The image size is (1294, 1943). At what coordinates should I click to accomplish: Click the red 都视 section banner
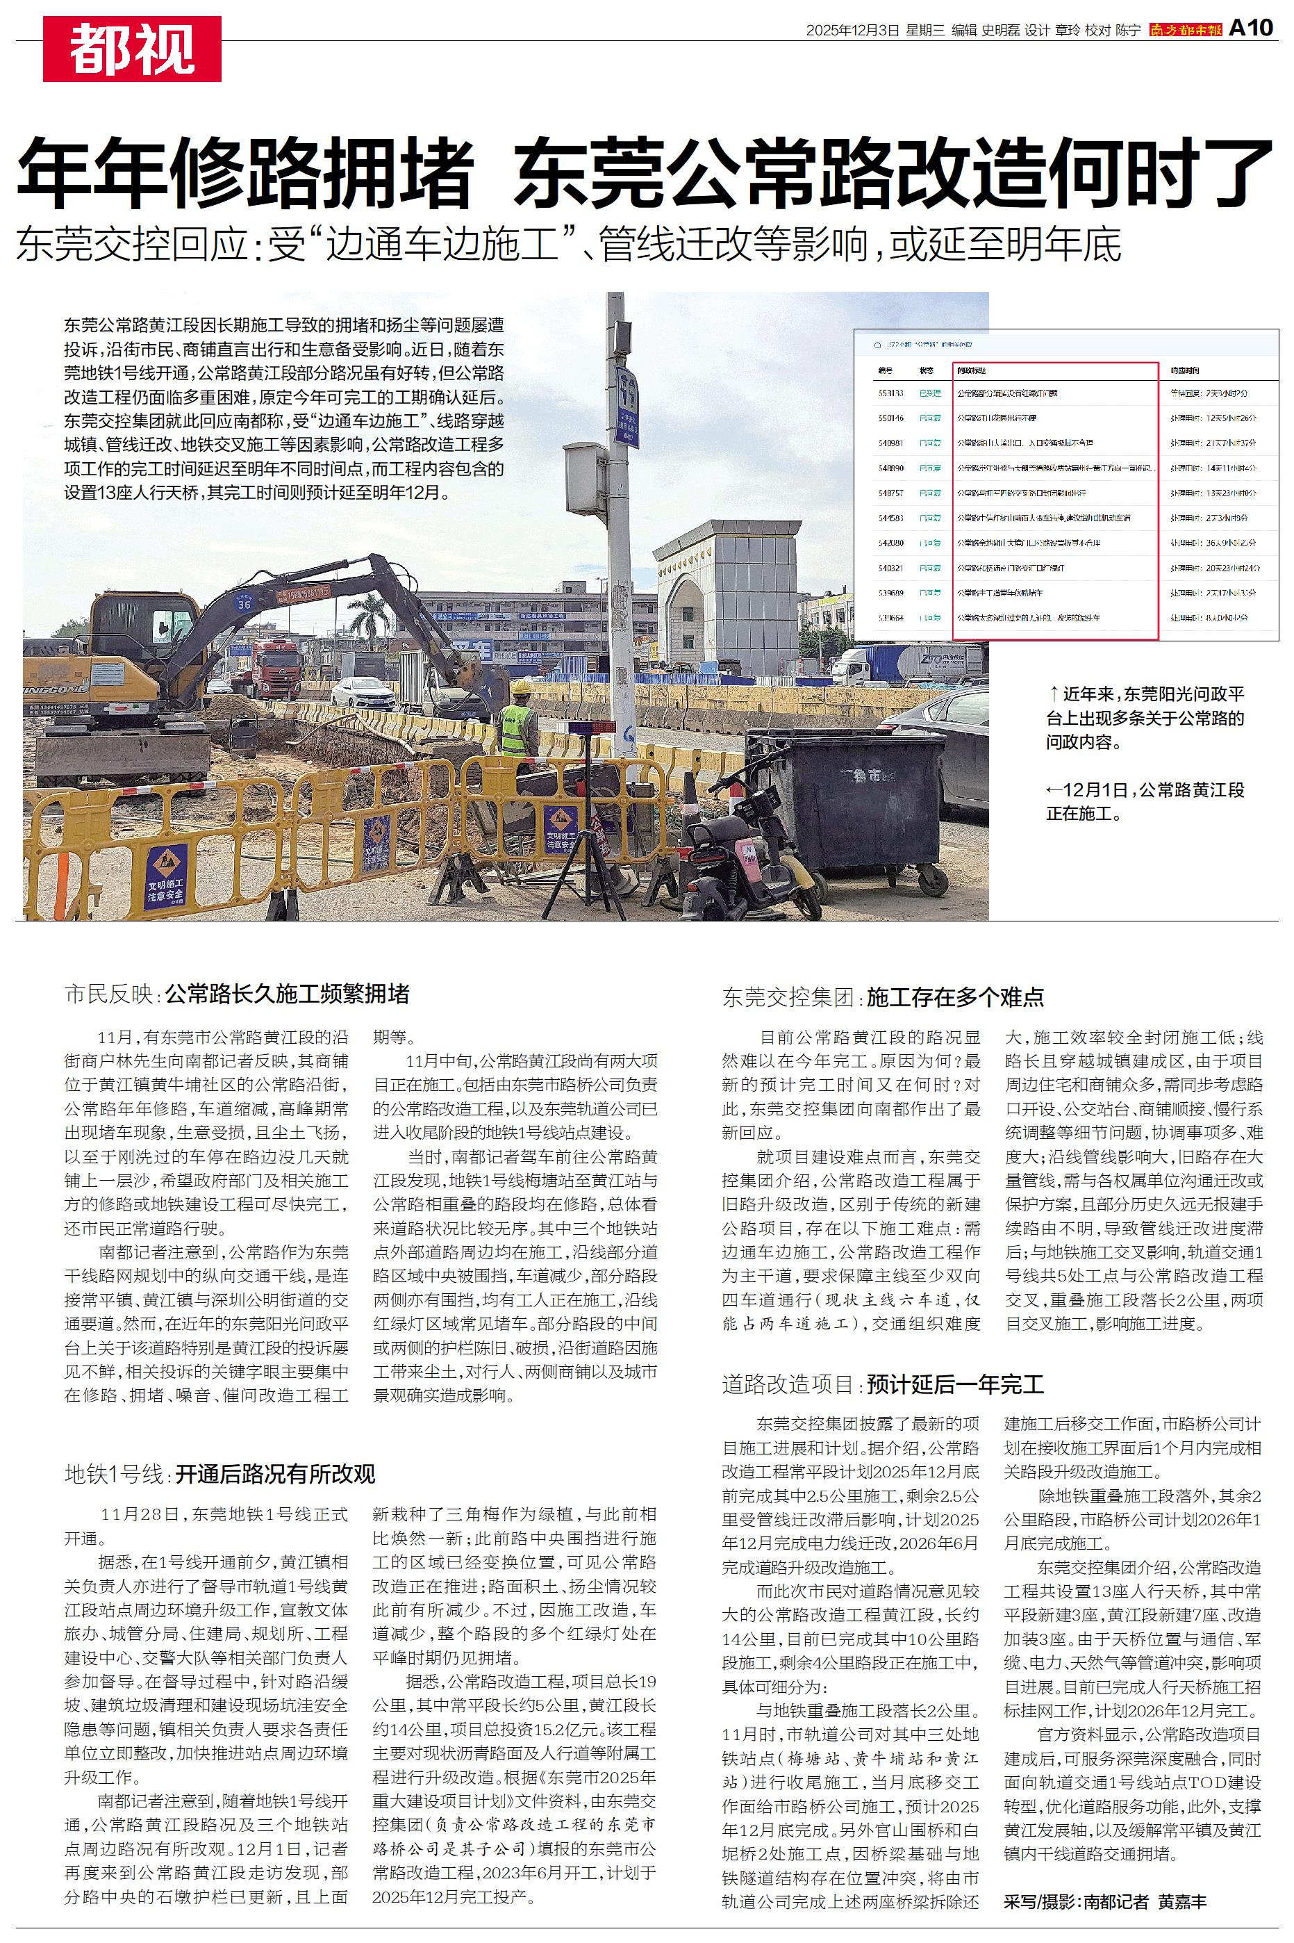[132, 49]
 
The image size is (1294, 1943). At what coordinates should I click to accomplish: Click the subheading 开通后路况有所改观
[276, 1473]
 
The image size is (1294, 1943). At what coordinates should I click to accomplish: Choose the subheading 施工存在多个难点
[956, 997]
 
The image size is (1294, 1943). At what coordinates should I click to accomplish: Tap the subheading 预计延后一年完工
[956, 1384]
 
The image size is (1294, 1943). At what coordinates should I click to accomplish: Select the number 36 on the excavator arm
[244, 604]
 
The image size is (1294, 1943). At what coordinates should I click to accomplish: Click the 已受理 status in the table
[930, 394]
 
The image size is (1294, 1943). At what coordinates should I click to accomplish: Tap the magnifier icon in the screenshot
[868, 343]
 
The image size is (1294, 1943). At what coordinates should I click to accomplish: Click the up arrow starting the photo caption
[1053, 694]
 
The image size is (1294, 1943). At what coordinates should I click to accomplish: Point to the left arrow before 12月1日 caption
[1054, 790]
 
